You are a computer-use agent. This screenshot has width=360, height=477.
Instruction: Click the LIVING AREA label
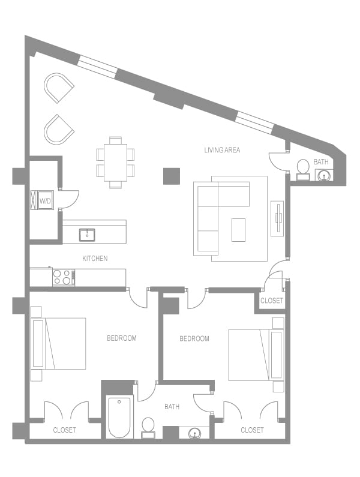221,150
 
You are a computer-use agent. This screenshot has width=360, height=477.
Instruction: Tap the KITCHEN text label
95,259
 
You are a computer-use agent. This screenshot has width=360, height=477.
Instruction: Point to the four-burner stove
62,277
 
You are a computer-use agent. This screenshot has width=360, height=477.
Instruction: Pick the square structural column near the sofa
172,176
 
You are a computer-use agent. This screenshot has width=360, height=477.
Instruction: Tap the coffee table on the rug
238,230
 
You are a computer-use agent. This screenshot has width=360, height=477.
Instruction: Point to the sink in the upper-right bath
323,175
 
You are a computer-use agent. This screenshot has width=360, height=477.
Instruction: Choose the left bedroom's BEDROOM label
121,338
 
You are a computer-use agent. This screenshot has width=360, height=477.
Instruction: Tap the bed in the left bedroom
59,343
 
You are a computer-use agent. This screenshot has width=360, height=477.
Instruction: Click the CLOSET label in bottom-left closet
64,430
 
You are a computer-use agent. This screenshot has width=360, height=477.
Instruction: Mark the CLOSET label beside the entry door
271,301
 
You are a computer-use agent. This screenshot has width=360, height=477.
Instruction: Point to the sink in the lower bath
195,433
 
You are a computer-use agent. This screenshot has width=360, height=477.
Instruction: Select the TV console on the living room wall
277,218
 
